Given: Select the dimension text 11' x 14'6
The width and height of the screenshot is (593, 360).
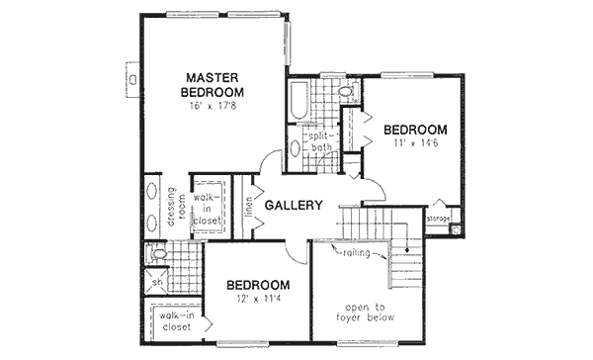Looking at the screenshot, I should pos(415,144).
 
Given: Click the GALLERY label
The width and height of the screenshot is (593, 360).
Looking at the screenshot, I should pos(295,206).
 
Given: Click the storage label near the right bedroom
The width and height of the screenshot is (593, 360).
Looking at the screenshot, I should pos(439,217).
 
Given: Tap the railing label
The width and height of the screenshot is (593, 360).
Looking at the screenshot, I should pos(357,253).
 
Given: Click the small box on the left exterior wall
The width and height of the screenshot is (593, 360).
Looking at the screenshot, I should pos(131,75).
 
